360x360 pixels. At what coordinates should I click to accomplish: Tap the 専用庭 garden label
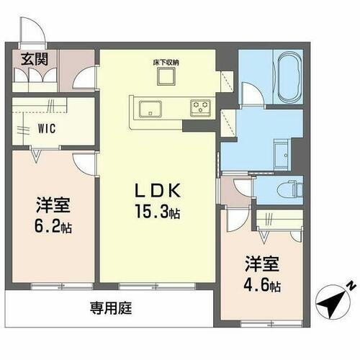pos(110,310)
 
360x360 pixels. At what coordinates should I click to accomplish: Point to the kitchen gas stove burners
pos(199,109)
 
